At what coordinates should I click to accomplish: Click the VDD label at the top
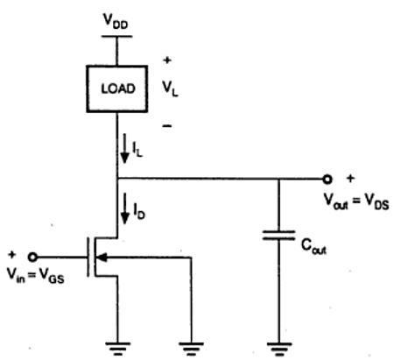click(x=118, y=18)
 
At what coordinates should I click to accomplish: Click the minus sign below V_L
click(x=166, y=124)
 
